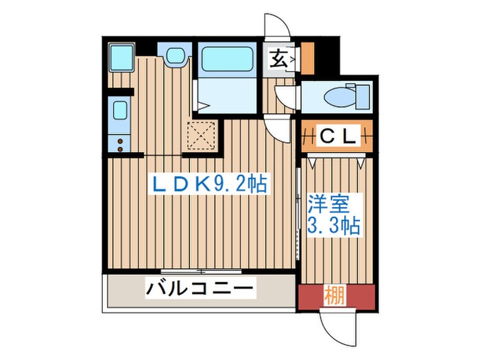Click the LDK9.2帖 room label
[x=210, y=184]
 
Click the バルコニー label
[x=200, y=288]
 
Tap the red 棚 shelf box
[x=336, y=297]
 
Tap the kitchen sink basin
[x=119, y=111]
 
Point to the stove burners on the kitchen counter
[x=120, y=144]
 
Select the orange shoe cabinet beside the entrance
[x=307, y=59]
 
